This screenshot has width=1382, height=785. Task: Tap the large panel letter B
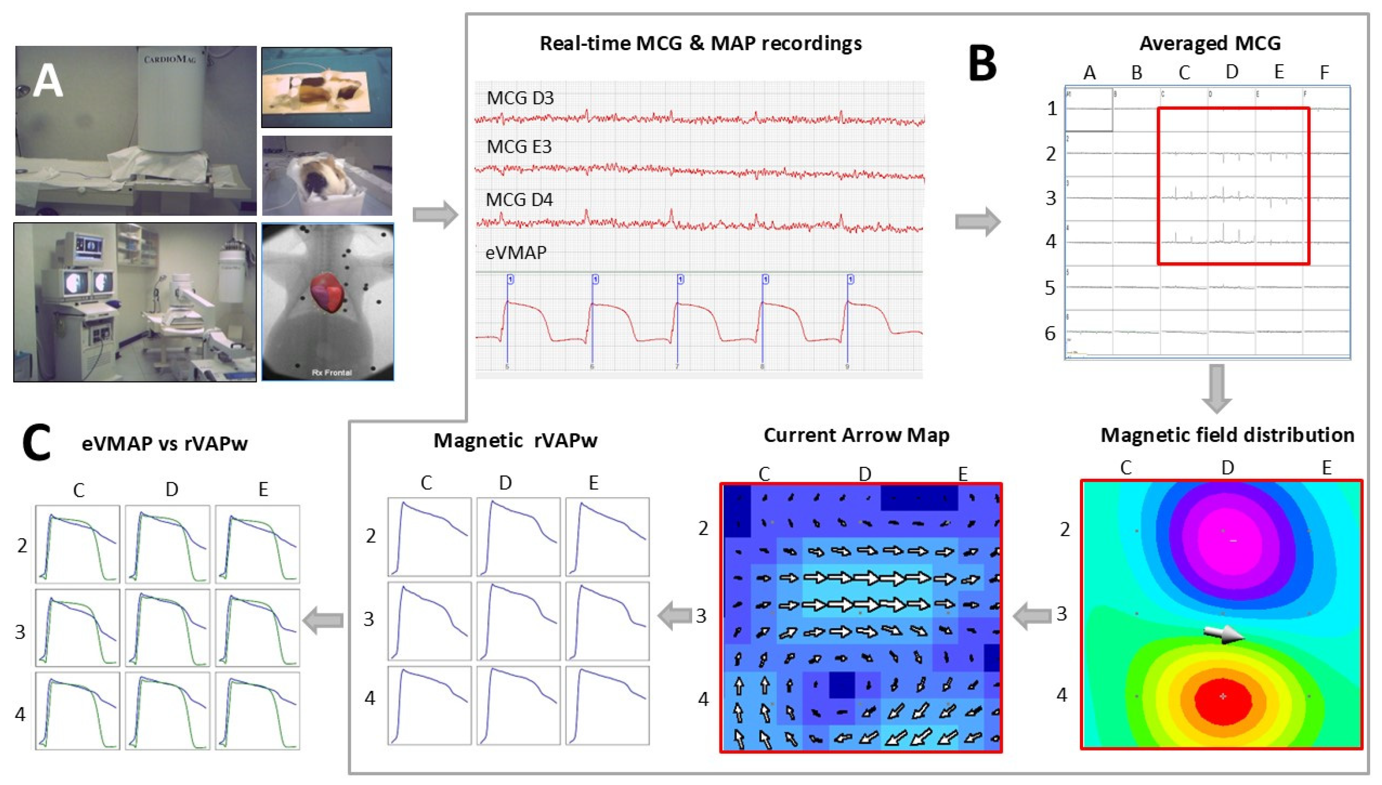982,64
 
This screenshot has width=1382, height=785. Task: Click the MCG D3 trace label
520,98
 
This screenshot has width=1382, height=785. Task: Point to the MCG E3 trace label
519,147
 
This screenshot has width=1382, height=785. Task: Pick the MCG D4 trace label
519,200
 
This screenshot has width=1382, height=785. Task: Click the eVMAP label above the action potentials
515,252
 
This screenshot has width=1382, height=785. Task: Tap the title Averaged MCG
1209,43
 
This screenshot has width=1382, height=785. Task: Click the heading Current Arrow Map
856,435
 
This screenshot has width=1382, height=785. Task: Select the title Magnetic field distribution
1227,435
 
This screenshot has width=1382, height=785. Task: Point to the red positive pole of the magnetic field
1222,698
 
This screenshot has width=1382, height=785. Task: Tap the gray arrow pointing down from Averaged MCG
1217,388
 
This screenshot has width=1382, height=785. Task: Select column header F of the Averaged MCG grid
1324,72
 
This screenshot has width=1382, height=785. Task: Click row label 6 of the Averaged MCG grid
1050,334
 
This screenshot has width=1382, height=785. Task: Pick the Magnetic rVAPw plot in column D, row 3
518,621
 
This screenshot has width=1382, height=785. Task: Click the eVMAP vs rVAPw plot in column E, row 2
257,544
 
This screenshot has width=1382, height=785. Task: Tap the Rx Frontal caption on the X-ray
331,372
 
